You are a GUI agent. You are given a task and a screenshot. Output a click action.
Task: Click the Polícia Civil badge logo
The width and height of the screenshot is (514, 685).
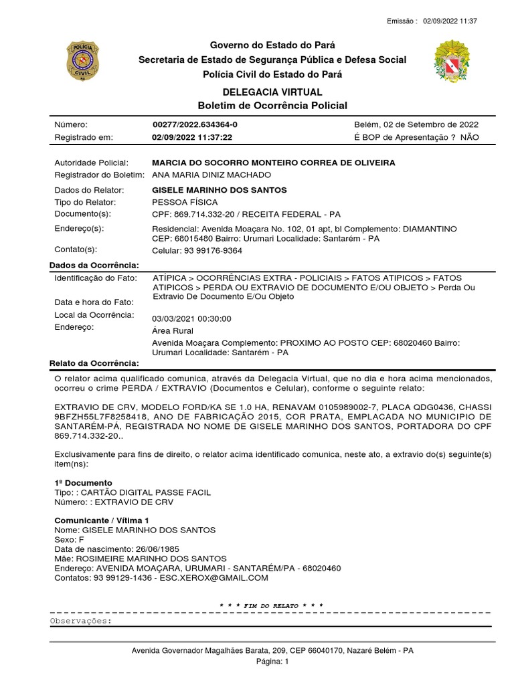click(x=83, y=61)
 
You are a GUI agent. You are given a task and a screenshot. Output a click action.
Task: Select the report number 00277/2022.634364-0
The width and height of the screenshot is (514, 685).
click(x=195, y=125)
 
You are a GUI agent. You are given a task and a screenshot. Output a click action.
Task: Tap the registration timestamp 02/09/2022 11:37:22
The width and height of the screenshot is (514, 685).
click(x=192, y=137)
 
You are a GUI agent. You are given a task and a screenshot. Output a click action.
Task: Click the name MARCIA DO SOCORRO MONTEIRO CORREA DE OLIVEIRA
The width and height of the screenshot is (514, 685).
click(x=274, y=163)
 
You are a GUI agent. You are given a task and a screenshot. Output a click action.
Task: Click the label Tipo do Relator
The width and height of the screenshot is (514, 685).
click(x=85, y=202)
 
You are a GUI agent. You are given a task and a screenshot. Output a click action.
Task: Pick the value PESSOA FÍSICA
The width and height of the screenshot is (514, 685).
click(x=185, y=202)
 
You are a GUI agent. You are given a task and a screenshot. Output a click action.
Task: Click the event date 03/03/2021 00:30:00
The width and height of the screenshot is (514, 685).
click(x=191, y=319)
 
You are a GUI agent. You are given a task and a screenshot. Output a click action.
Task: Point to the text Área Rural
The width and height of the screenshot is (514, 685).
click(x=173, y=330)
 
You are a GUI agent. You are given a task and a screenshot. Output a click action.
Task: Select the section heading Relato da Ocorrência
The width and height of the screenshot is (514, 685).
click(x=94, y=363)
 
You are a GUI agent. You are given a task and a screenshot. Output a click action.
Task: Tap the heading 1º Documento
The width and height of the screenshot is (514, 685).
click(x=83, y=482)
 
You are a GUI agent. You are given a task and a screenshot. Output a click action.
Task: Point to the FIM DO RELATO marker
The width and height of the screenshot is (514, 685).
click(x=272, y=606)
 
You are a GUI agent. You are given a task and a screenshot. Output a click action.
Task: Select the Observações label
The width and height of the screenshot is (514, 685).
click(x=82, y=621)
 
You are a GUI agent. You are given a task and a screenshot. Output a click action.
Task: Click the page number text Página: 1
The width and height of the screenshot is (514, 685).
click(x=272, y=662)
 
